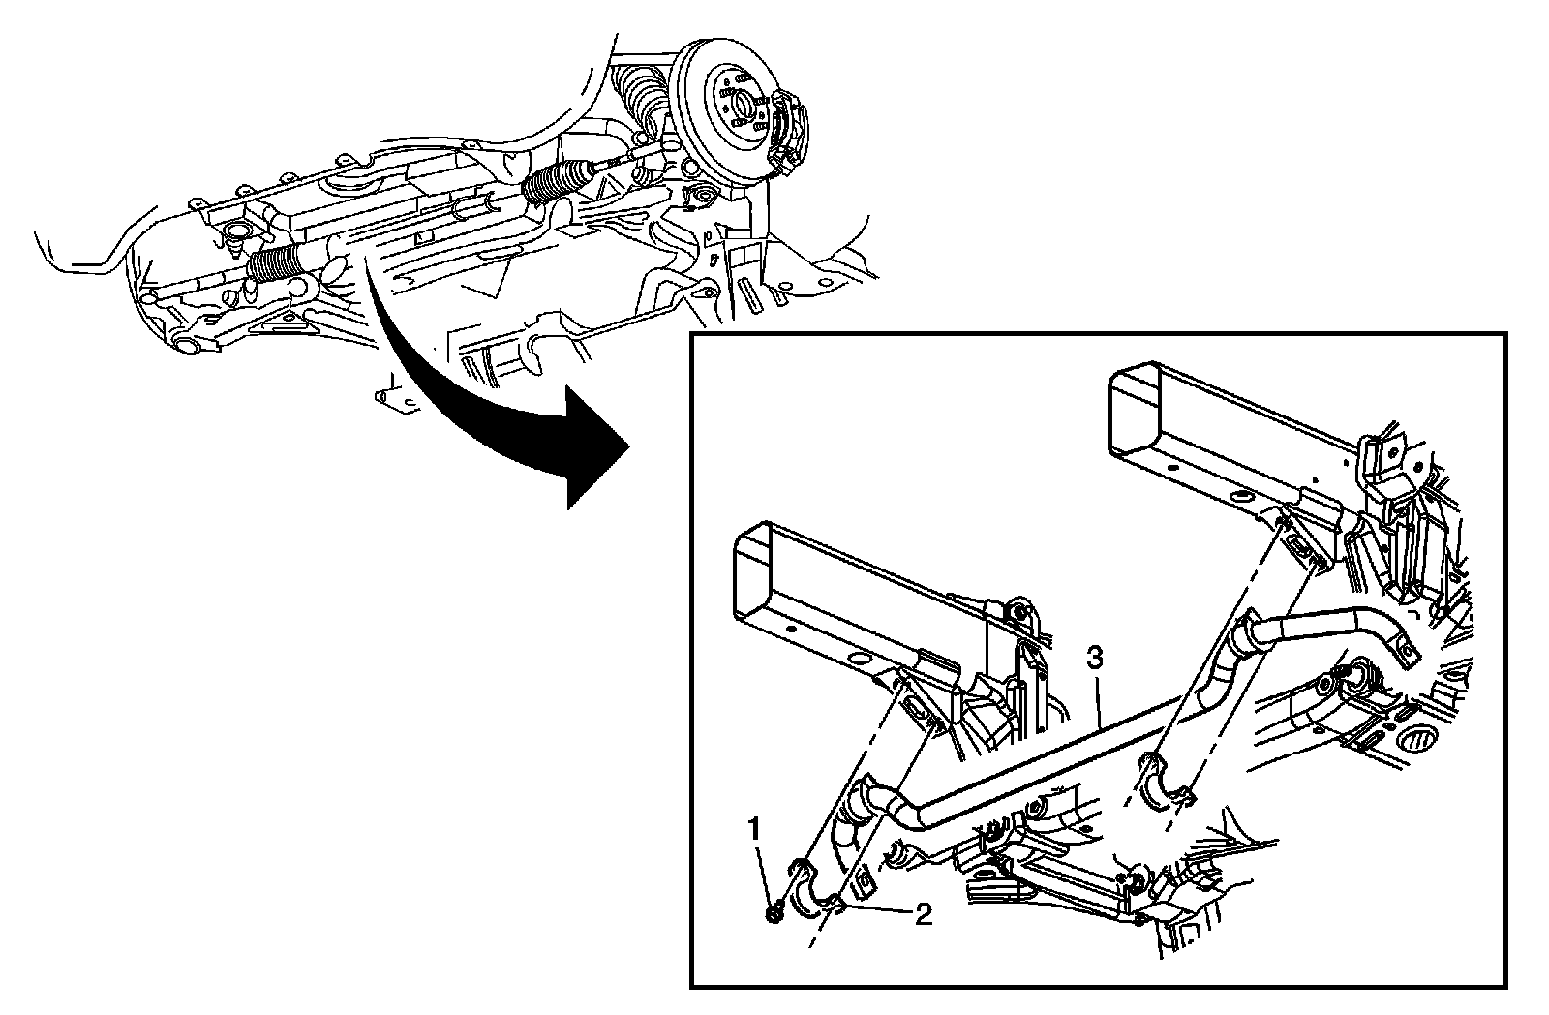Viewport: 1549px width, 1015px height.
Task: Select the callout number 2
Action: coord(924,914)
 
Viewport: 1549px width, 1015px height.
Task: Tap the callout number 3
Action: coord(1094,660)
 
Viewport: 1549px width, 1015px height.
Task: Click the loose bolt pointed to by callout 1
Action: coord(776,911)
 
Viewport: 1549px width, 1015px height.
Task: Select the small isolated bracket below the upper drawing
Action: coord(391,396)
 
